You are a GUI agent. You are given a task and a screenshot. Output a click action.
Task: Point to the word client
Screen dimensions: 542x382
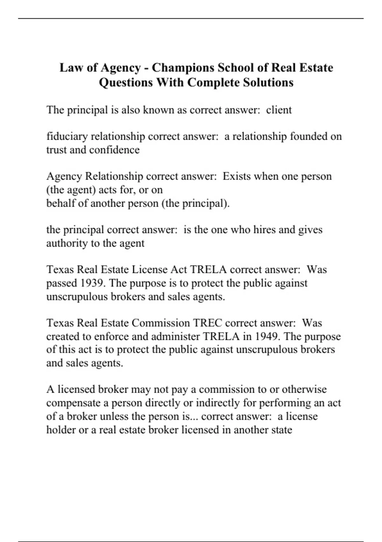[x=279, y=110]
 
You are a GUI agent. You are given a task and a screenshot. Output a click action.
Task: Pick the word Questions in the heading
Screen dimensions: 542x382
[x=125, y=83]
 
